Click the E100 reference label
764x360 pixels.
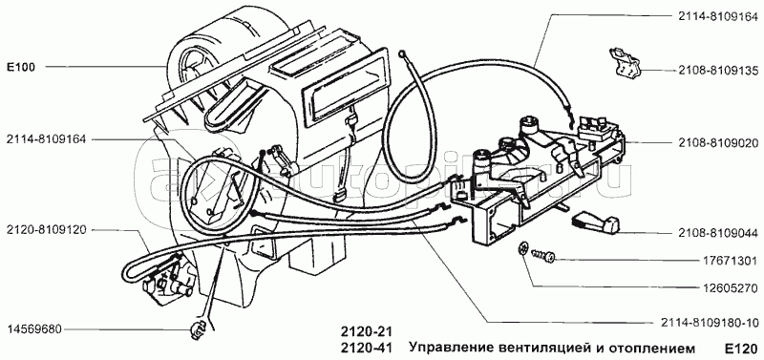pos(20,67)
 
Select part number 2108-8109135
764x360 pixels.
pos(718,71)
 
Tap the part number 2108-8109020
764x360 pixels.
pos(718,143)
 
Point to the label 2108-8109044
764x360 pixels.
pos(718,233)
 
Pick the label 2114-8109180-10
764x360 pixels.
pos(710,323)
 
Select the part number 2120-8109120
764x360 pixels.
pos(46,230)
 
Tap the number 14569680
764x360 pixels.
pos(34,328)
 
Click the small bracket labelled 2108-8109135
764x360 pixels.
pos(625,63)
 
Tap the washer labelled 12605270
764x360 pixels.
pos(523,248)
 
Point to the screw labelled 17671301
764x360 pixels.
pos(544,255)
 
